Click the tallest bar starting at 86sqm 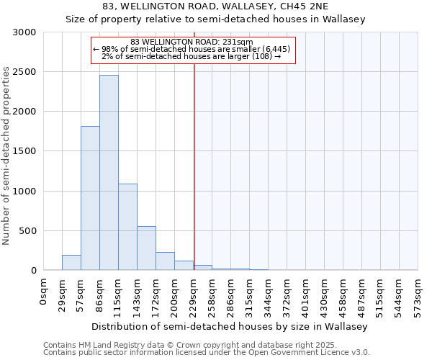pyautogui.click(x=109, y=173)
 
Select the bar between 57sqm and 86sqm pyautogui.click(x=90, y=198)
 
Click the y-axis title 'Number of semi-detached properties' pyautogui.click(x=6, y=156)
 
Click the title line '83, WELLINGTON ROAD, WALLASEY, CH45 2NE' pyautogui.click(x=215, y=6)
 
